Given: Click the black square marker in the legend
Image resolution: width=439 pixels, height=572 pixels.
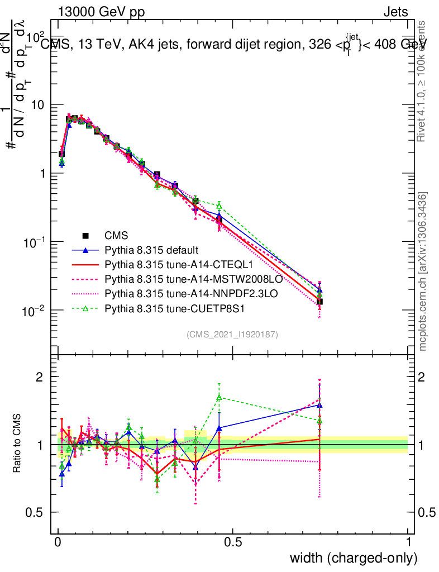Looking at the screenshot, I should (x=85, y=235).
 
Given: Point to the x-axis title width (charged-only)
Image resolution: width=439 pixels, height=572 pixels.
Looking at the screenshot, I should (x=353, y=558).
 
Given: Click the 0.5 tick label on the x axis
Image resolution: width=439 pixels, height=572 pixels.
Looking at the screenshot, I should (x=233, y=542).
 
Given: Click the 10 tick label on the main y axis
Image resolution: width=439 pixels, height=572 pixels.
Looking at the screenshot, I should (x=36, y=104).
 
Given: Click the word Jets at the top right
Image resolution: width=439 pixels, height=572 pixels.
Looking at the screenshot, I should (x=395, y=12).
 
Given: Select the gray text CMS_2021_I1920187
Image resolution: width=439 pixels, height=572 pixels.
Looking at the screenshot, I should (x=232, y=334).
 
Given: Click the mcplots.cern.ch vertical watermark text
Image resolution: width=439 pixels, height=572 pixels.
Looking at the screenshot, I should (x=423, y=271).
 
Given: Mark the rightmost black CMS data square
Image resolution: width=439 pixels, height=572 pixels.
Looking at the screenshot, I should (x=319, y=302).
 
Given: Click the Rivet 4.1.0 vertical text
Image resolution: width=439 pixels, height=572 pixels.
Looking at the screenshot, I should (x=423, y=81).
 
